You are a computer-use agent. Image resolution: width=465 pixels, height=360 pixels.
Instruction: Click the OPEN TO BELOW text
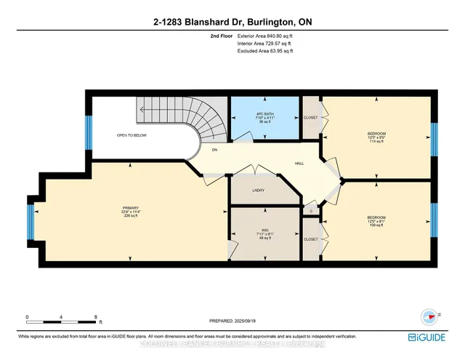coord(132,135)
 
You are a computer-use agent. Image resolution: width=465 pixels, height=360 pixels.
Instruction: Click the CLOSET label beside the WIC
coord(310,239)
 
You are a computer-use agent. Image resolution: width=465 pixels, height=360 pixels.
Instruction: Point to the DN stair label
coord(214,150)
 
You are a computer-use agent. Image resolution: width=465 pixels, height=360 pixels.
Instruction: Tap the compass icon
coord(429,316)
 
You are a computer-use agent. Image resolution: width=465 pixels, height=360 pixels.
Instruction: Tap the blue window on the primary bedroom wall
coord(31,221)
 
